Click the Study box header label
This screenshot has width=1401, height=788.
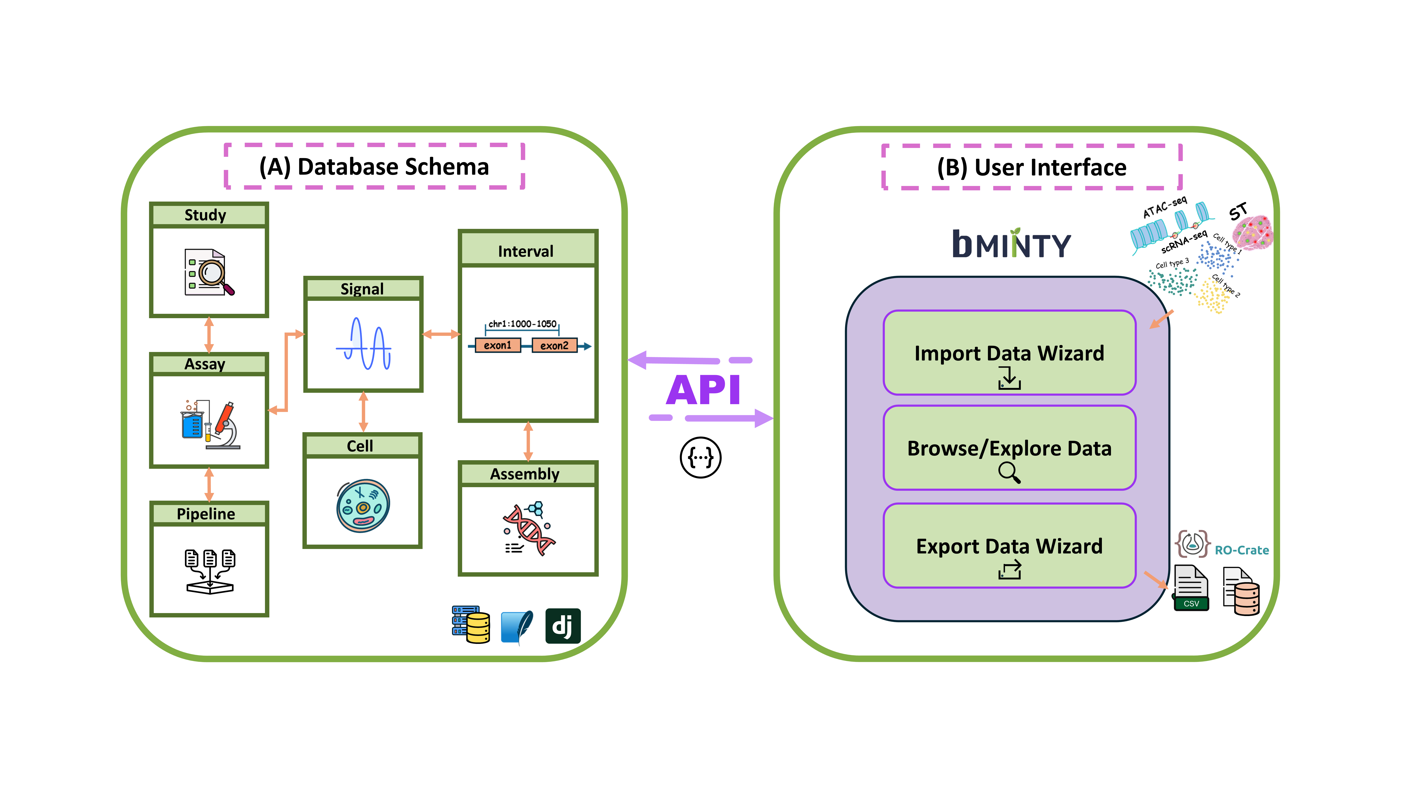205,215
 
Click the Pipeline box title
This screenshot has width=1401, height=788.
206,514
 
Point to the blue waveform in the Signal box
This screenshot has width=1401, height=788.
363,344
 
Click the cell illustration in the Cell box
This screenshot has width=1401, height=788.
363,506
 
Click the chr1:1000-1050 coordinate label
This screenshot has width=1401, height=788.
522,324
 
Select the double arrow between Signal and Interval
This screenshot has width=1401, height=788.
441,334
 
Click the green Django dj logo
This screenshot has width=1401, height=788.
563,626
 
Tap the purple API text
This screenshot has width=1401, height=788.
703,390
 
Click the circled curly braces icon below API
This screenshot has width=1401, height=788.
700,457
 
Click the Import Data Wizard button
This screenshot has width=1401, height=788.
1009,353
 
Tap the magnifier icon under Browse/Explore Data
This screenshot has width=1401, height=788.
1009,472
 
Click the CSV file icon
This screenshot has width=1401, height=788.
1191,588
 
